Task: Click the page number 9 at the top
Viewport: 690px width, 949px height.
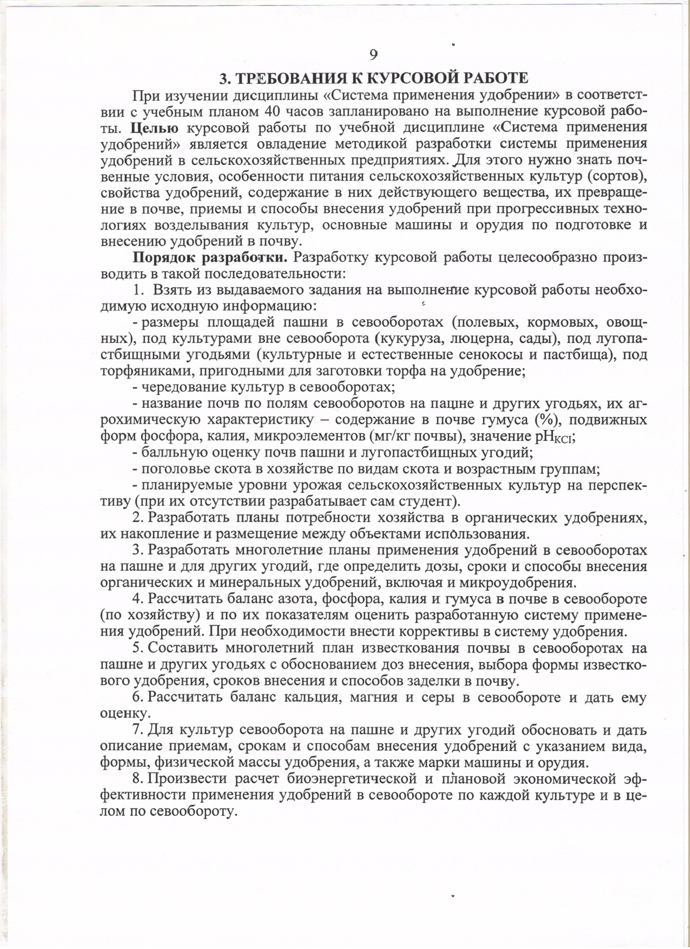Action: (374, 54)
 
